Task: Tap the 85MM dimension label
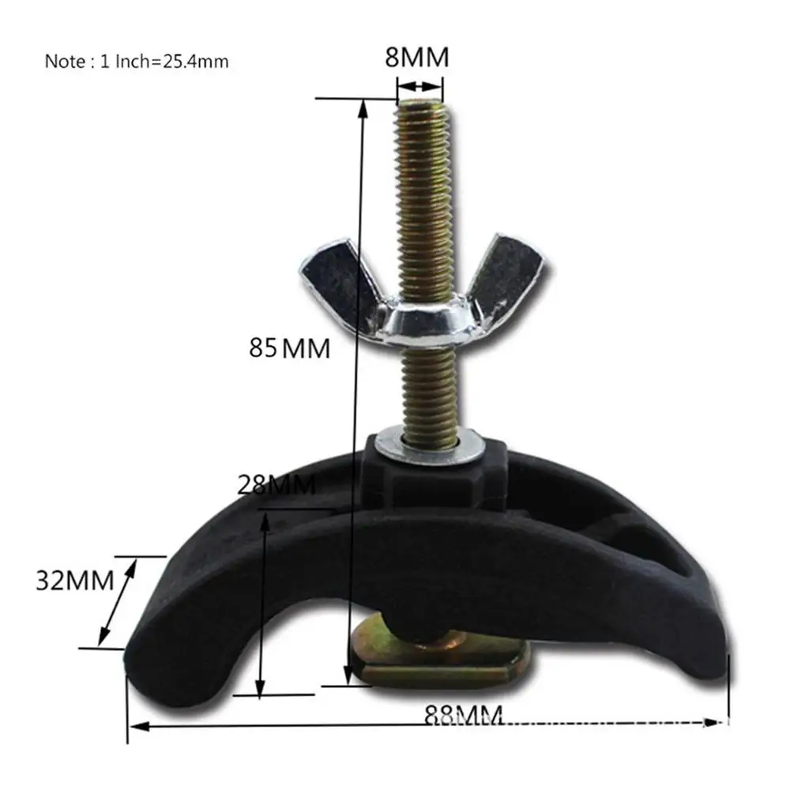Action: [x=289, y=348]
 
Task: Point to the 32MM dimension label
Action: [x=75, y=581]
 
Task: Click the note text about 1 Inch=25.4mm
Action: [x=136, y=61]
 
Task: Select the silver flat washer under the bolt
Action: [x=424, y=443]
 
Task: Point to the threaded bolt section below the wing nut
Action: [x=427, y=387]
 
